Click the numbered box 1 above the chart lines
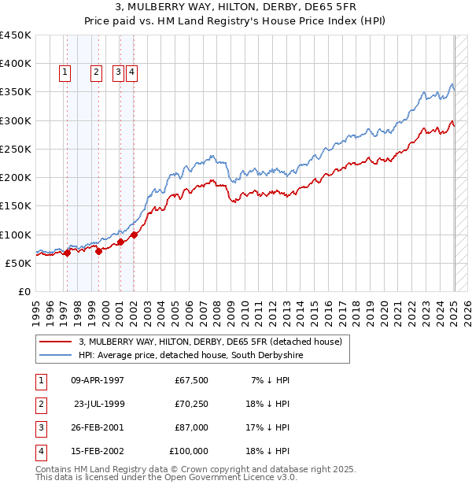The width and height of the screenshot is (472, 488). (64, 73)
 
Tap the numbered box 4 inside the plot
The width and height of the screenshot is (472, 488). (131, 73)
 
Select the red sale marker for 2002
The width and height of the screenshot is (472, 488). (135, 234)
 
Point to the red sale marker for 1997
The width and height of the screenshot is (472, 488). (67, 253)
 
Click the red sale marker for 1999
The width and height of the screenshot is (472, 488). (99, 251)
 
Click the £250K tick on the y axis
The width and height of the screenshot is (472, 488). (16, 149)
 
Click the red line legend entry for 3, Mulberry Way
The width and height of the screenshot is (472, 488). (210, 342)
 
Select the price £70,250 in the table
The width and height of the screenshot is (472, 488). (191, 404)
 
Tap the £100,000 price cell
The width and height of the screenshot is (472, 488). (189, 451)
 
